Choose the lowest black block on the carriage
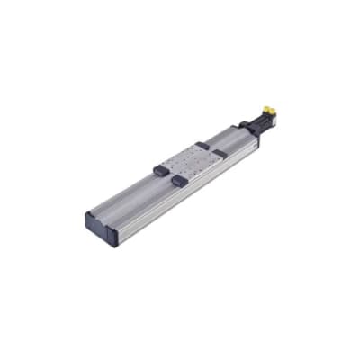pos(182,180)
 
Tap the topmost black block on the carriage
pos(202,144)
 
